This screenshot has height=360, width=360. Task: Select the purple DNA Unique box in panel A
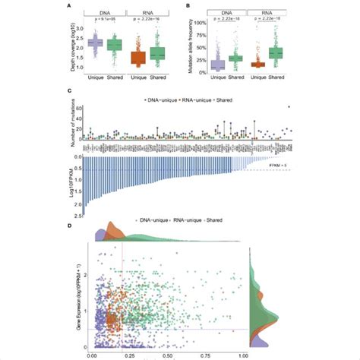96,43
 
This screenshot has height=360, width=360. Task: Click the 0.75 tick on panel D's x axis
205,355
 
